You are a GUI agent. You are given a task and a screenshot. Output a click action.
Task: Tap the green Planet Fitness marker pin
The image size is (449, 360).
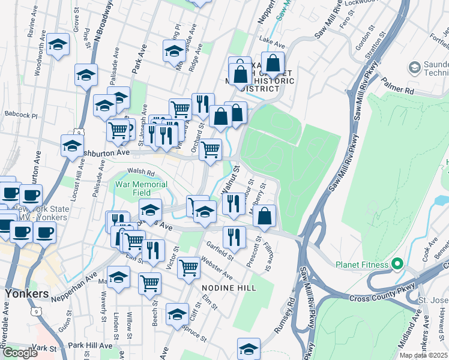(x=396, y=264)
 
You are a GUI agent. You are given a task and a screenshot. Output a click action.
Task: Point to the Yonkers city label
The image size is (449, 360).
(x=26, y=294)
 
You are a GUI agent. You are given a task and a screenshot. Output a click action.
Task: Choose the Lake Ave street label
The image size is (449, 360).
(x=271, y=39)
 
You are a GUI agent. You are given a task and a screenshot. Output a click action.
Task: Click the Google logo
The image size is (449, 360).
(x=20, y=353)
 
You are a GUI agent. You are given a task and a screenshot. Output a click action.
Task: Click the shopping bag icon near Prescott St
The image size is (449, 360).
(x=264, y=216)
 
